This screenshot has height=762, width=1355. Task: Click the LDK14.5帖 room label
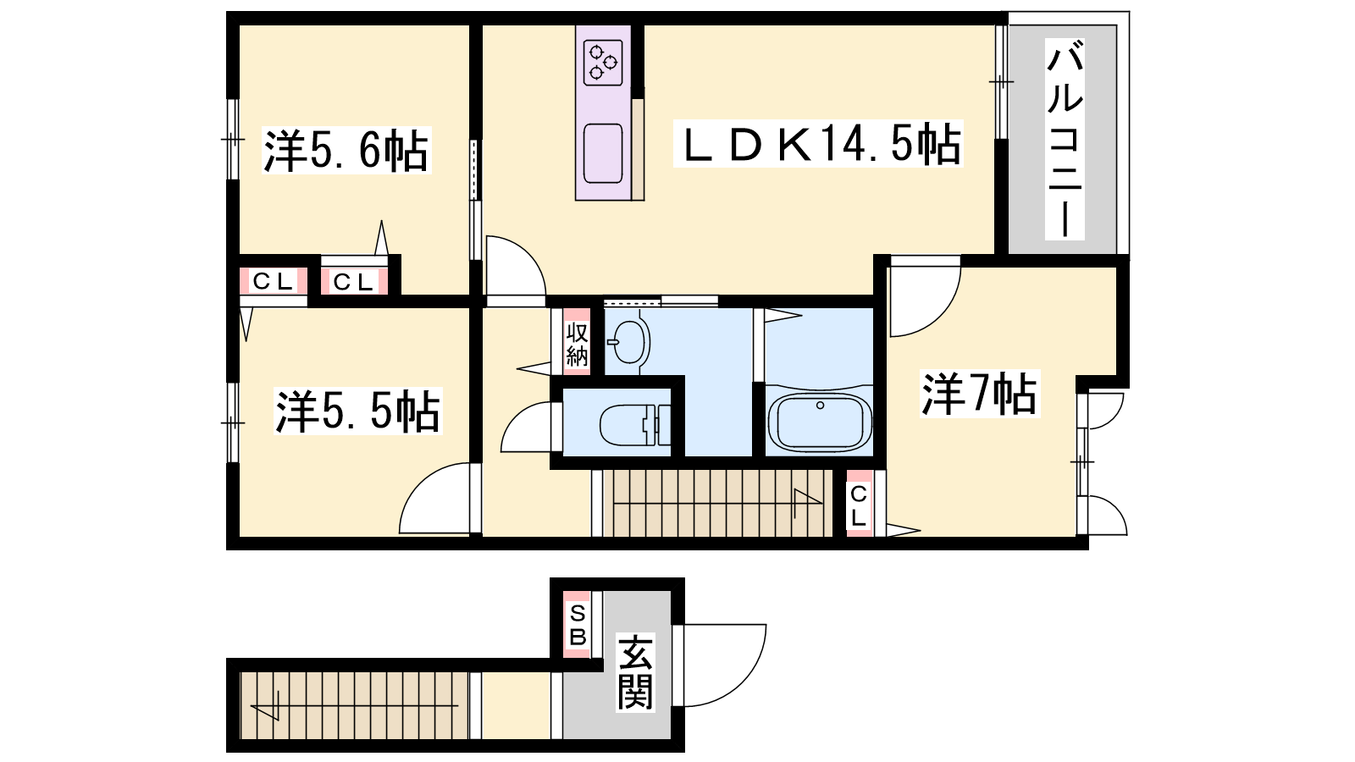click(x=818, y=144)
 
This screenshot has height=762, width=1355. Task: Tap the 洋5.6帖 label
click(x=346, y=150)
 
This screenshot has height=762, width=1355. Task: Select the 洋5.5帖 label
click(x=357, y=411)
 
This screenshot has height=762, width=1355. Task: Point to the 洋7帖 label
click(x=979, y=394)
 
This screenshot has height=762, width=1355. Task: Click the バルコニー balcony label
click(x=1065, y=139)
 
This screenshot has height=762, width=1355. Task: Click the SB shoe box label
click(x=578, y=626)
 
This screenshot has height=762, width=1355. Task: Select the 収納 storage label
click(x=577, y=344)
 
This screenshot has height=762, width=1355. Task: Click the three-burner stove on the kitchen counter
click(x=603, y=63)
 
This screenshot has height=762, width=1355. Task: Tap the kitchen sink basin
click(x=603, y=153)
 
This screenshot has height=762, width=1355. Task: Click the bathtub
click(x=820, y=421)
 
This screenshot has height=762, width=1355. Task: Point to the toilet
click(x=635, y=424)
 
